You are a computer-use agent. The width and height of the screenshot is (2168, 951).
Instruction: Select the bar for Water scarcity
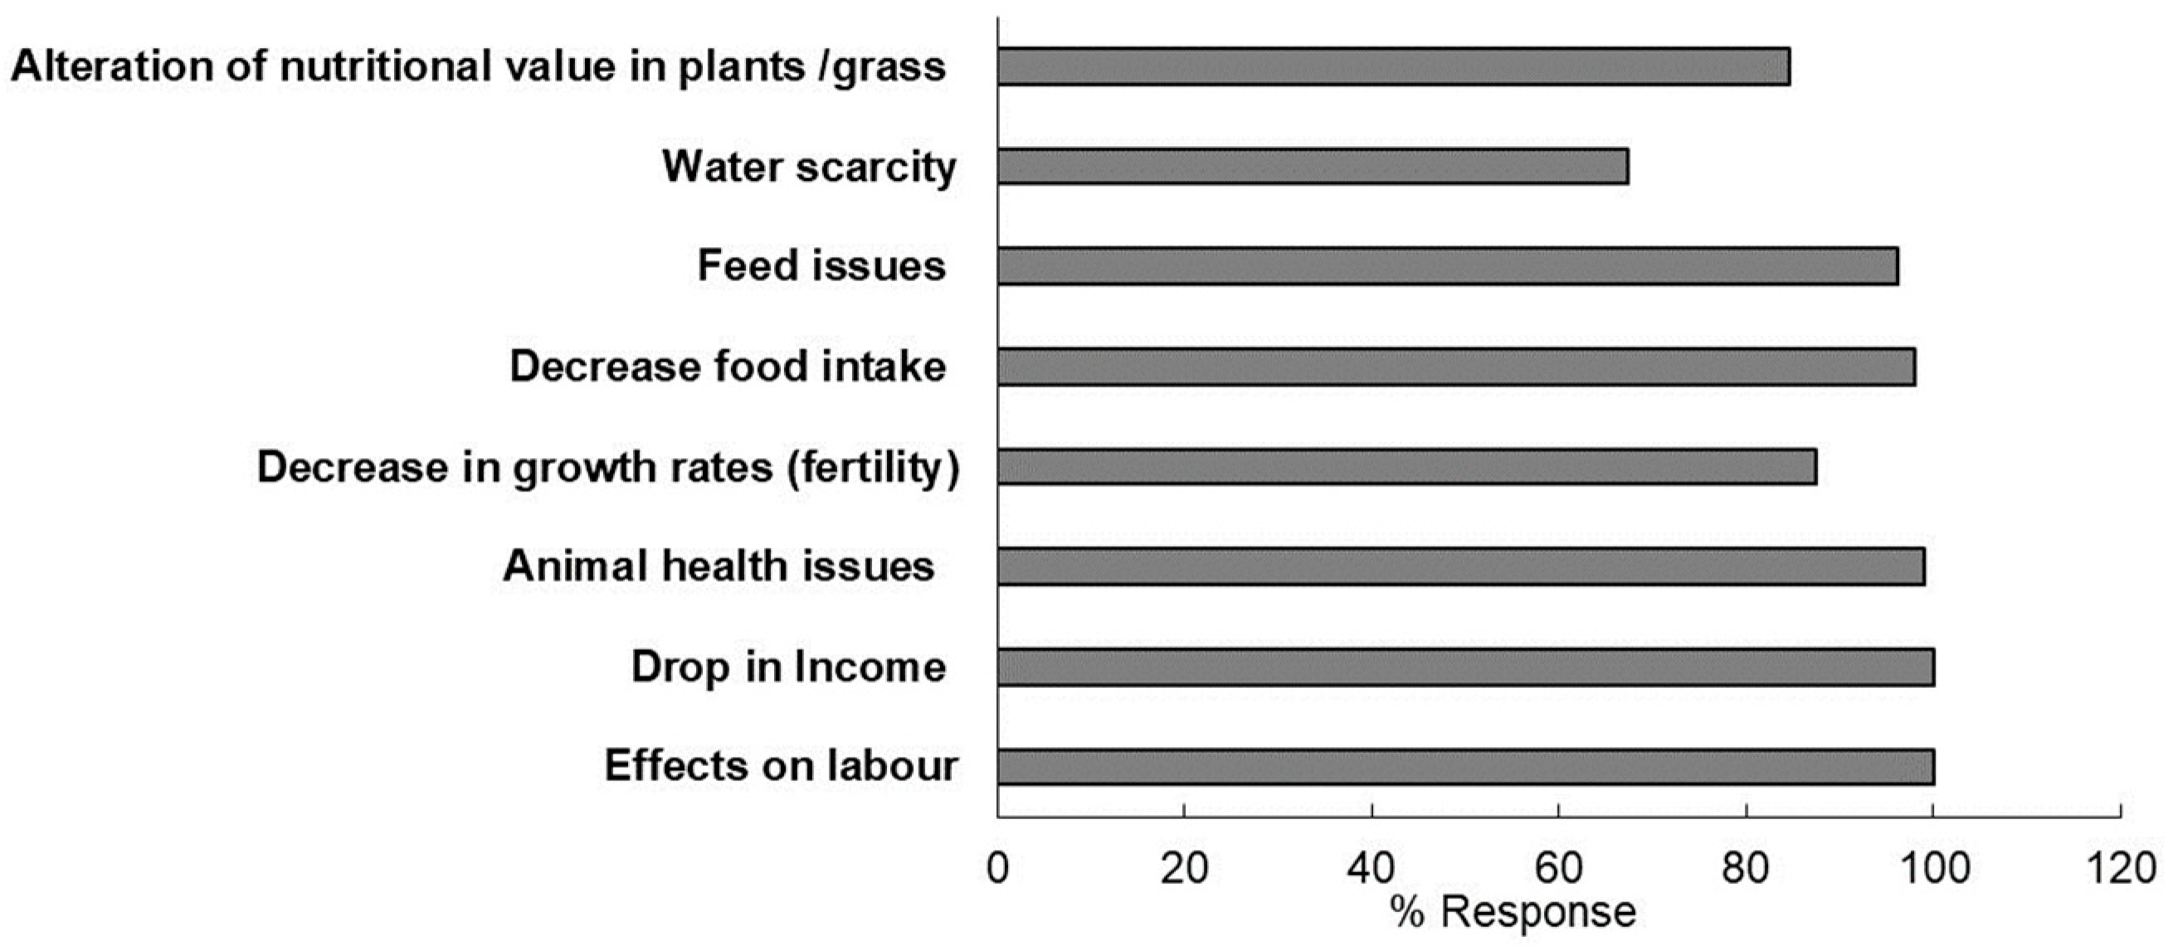(x=1312, y=166)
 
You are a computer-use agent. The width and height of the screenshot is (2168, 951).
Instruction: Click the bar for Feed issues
(x=1448, y=266)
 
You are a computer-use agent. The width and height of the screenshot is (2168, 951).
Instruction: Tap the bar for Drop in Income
(x=1465, y=667)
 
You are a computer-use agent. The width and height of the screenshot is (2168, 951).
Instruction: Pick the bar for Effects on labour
(x=1465, y=767)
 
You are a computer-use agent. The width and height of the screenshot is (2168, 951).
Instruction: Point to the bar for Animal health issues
(x=1461, y=567)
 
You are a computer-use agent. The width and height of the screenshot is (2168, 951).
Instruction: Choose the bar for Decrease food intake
(x=1456, y=367)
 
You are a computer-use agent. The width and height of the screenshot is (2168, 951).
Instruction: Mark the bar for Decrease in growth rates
(x=1406, y=467)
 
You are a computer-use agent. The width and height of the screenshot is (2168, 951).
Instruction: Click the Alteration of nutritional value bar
(x=1393, y=66)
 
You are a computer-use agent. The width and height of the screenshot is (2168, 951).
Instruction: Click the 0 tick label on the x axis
(x=997, y=868)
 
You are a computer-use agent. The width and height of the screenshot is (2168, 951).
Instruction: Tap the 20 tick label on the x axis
(x=1184, y=868)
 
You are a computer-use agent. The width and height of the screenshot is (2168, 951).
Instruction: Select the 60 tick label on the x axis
(x=1559, y=868)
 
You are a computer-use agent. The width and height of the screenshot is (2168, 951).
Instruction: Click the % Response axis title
(x=1513, y=911)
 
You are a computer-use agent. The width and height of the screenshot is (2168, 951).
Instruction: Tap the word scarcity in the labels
(x=876, y=168)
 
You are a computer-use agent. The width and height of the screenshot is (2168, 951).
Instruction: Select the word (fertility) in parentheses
(x=873, y=468)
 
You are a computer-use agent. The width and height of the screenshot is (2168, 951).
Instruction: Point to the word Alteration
(x=113, y=66)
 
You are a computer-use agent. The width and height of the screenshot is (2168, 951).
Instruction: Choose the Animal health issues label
(x=718, y=567)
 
